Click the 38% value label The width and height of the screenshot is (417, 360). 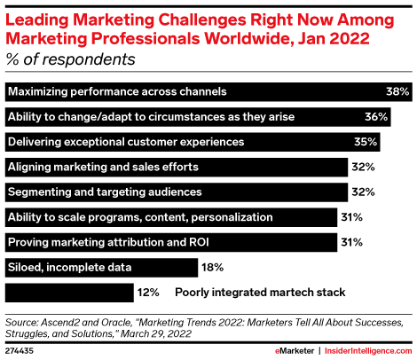pos(397,91)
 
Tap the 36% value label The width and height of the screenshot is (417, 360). pos(379,116)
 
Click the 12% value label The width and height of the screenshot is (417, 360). pos(147,291)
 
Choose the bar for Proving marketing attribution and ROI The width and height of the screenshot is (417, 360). pos(169,241)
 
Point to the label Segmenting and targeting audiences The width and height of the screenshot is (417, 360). pos(105,192)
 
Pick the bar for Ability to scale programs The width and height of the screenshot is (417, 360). pos(169,216)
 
